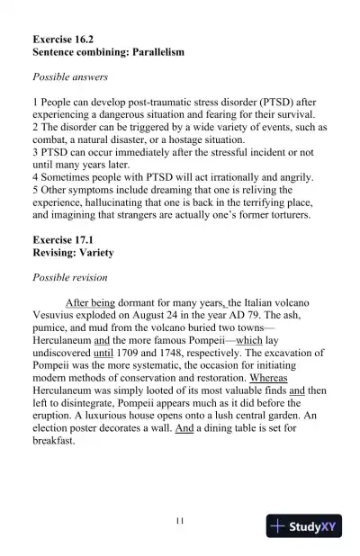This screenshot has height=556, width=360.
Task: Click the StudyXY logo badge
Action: click(304, 526)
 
